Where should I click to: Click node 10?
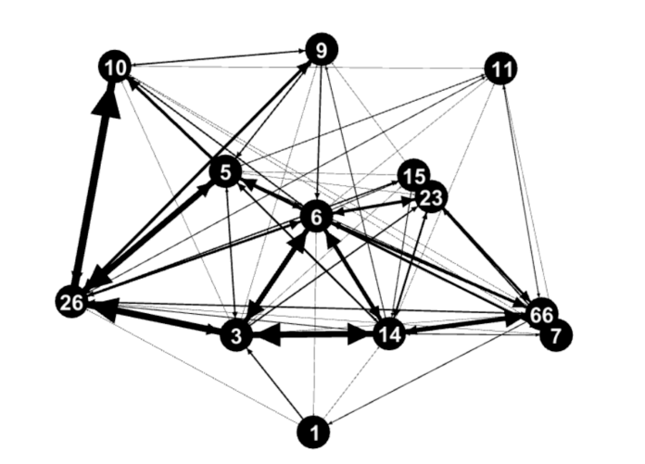point(115,67)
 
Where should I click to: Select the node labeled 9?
point(322,49)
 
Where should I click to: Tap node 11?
point(501,69)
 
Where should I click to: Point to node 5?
point(226,171)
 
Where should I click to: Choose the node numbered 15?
point(413,175)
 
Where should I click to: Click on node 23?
point(431,197)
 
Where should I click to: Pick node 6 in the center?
point(316,217)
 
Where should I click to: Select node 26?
point(71,303)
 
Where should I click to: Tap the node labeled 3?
point(236,336)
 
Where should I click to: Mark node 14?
point(388,334)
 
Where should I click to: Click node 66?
point(541,313)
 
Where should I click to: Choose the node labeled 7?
point(556,336)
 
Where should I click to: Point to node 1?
point(314,432)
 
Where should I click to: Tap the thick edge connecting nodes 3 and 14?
point(312,334)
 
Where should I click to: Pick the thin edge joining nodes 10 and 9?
point(218,58)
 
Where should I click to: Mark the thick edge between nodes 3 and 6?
point(277,276)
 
